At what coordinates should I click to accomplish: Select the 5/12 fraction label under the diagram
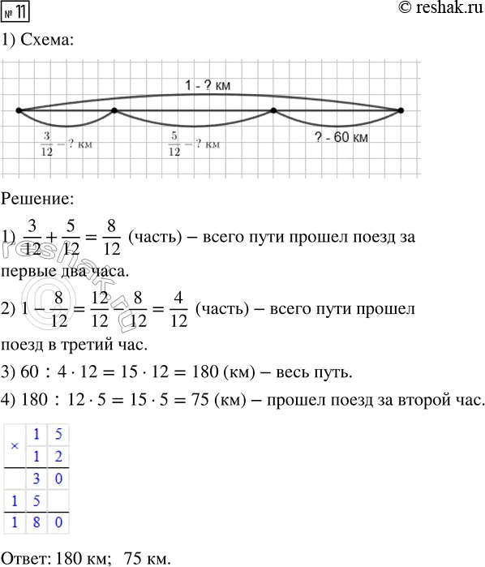[x=174, y=144]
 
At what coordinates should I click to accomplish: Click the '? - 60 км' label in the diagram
[x=341, y=138]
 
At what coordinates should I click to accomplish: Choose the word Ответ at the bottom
[x=24, y=557]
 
